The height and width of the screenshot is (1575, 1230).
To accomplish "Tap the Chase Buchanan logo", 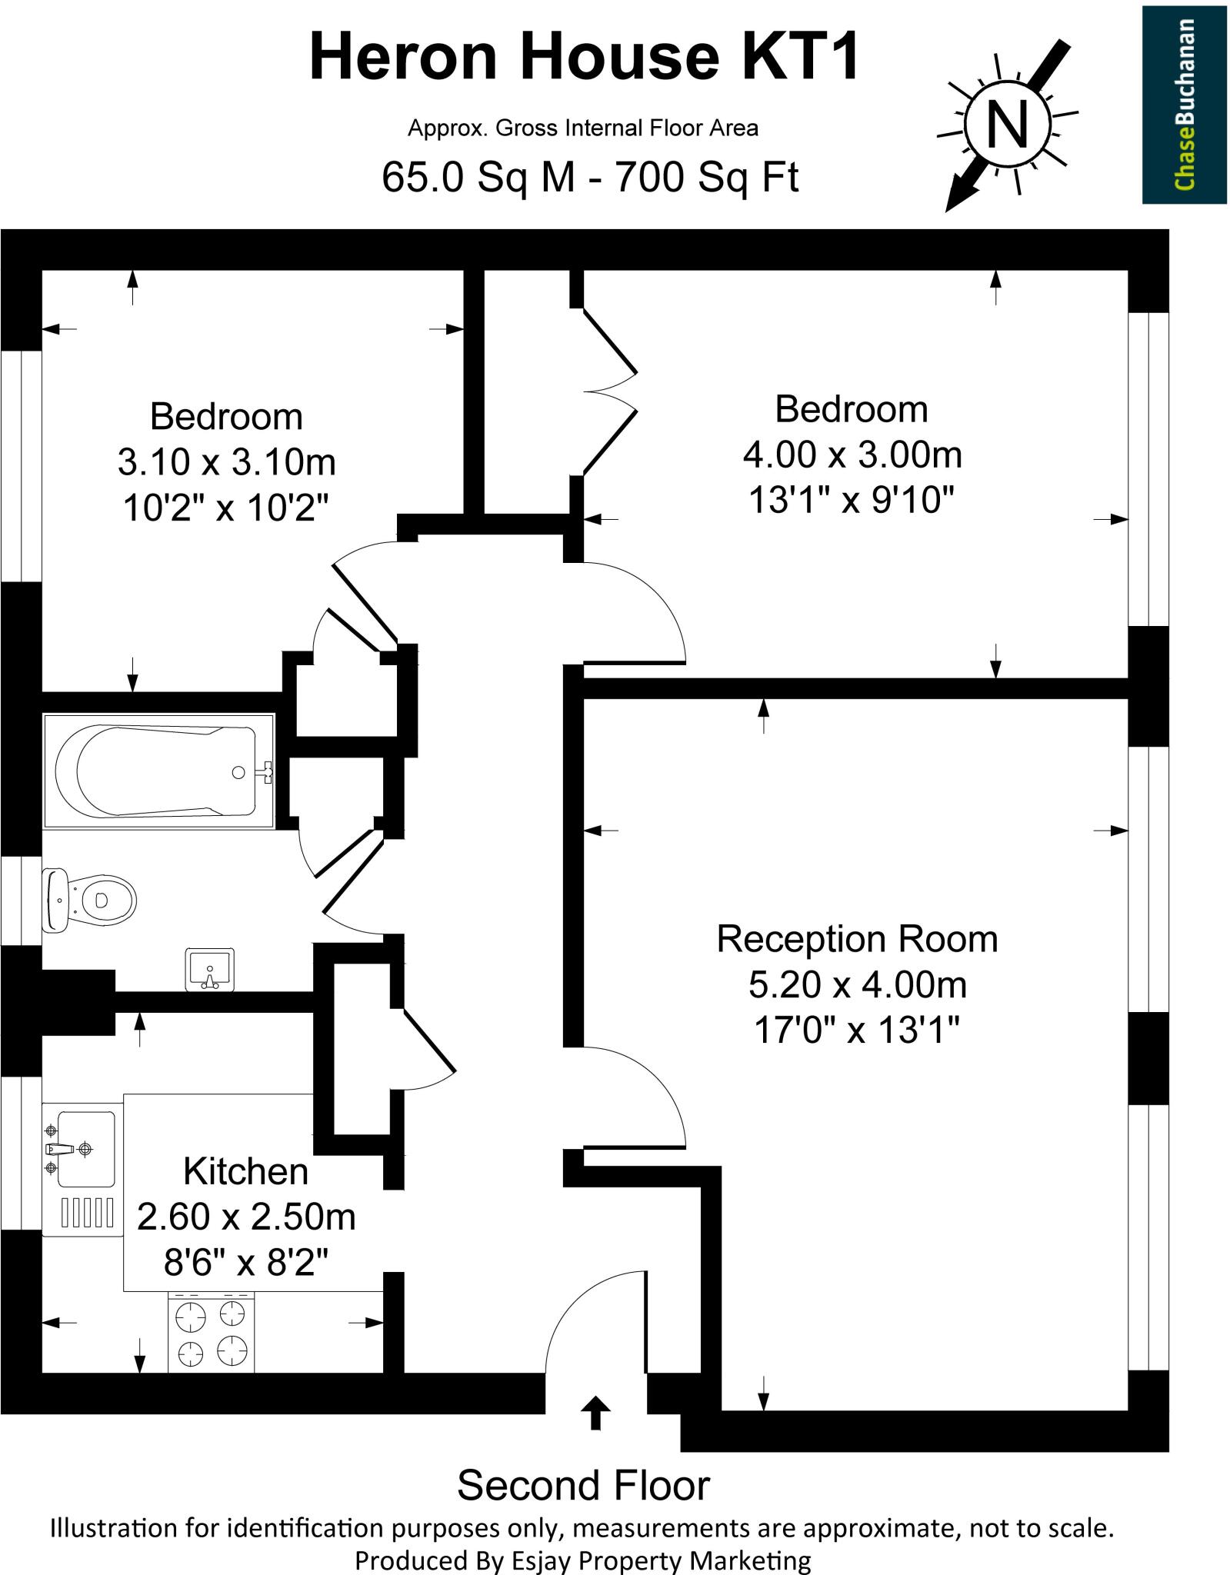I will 1183,105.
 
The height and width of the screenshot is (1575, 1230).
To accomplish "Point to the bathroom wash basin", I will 210,969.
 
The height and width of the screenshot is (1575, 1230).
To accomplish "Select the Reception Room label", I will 857,939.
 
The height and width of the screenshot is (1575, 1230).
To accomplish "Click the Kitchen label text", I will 245,1171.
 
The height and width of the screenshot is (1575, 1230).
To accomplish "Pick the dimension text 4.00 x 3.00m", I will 852,455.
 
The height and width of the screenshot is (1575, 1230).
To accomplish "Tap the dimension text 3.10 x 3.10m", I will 227,463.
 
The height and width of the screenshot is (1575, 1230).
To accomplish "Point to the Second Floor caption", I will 583,1485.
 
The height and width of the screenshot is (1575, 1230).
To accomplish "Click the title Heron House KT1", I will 584,58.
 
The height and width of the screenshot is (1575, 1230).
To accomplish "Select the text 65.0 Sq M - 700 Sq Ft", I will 590,178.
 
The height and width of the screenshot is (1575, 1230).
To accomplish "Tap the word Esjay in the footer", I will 542,1560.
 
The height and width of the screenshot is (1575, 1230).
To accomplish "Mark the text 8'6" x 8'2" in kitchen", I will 245,1262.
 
